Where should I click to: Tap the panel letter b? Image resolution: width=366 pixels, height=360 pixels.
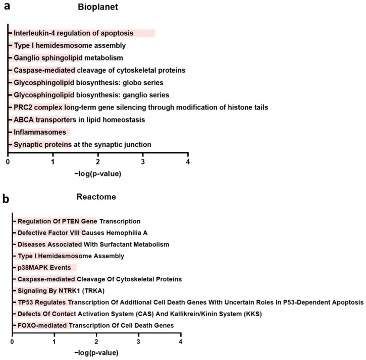[6, 198]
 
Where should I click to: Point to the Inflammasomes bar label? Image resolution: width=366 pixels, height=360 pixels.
[40, 132]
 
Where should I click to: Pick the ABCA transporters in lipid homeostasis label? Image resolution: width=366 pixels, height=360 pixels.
[79, 120]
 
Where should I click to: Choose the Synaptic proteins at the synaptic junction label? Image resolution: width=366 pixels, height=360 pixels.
[82, 145]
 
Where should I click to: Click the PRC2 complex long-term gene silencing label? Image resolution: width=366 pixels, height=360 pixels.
[140, 107]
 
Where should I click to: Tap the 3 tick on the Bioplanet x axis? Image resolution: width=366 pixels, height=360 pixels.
[143, 162]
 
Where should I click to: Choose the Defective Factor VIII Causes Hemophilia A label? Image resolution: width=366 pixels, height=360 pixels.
[82, 233]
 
